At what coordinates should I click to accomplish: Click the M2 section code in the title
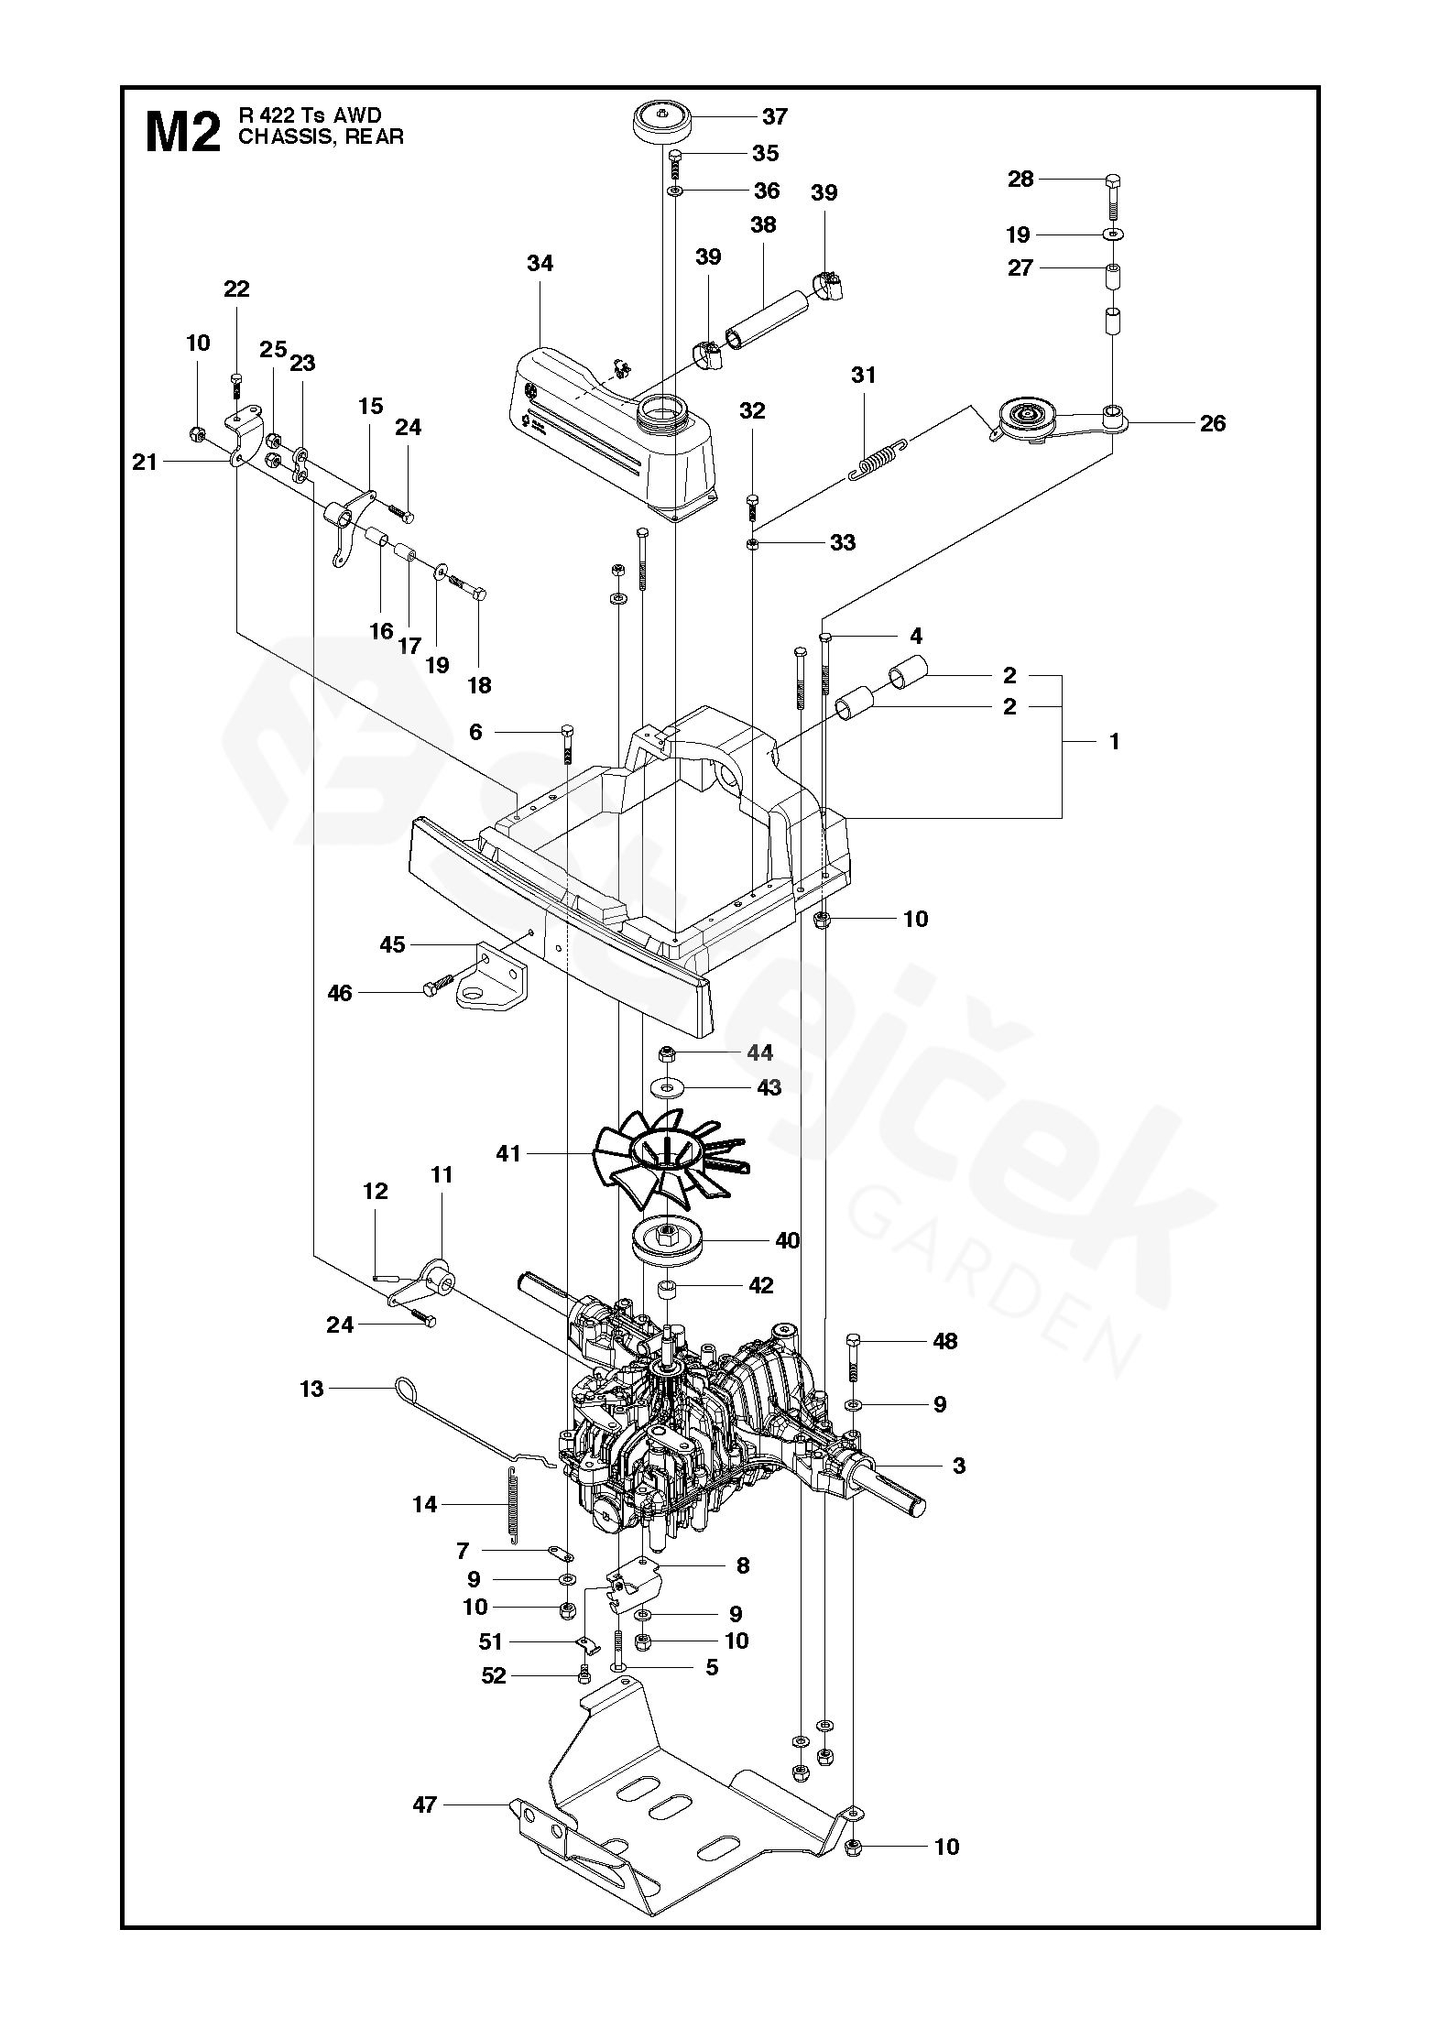coord(182,133)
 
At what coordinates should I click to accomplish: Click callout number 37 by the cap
coord(774,116)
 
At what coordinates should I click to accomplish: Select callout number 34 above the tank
coord(540,264)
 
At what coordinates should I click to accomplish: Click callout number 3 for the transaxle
coord(959,1466)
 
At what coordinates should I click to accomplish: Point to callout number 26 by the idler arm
coord(1212,423)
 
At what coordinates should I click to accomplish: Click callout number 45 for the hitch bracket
coord(392,944)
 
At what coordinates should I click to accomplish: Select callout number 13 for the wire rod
coord(311,1390)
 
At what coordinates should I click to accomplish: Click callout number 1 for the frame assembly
coord(1114,742)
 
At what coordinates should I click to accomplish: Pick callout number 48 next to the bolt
coord(944,1342)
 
